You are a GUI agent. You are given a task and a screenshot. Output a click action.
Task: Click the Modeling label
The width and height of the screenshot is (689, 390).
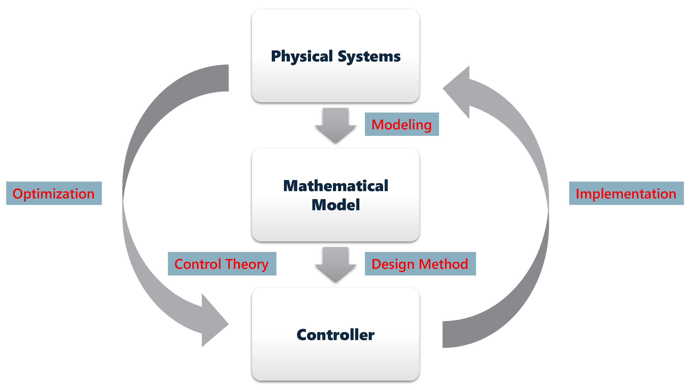pyautogui.click(x=402, y=125)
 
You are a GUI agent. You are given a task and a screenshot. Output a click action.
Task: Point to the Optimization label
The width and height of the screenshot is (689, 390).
pyautogui.click(x=54, y=193)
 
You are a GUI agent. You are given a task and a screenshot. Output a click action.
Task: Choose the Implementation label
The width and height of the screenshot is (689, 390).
pyautogui.click(x=626, y=193)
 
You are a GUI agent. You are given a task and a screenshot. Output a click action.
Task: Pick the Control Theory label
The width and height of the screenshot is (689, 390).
pyautogui.click(x=222, y=264)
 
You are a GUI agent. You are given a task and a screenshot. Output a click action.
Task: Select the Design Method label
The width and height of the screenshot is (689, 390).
pyautogui.click(x=420, y=264)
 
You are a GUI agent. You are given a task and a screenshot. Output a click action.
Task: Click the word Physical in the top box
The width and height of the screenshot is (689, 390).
pyautogui.click(x=302, y=57)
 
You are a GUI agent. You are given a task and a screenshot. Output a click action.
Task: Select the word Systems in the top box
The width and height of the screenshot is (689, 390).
pyautogui.click(x=369, y=57)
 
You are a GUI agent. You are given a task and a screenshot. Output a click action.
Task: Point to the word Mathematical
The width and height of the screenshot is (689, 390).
pyautogui.click(x=336, y=186)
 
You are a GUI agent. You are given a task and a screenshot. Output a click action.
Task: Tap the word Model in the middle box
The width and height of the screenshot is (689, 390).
pyautogui.click(x=336, y=205)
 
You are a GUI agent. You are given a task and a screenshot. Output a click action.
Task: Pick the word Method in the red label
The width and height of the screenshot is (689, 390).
pyautogui.click(x=443, y=264)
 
